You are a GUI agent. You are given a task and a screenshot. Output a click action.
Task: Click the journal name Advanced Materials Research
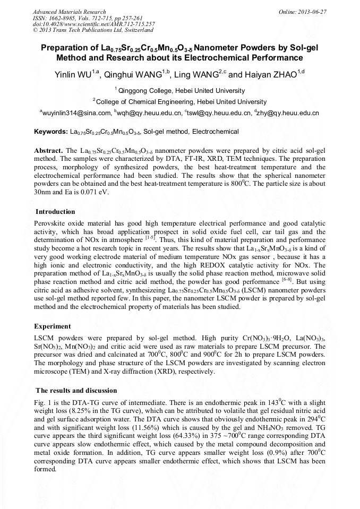click(x=69, y=12)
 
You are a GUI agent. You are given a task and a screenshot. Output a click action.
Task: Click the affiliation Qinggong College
click(x=145, y=91)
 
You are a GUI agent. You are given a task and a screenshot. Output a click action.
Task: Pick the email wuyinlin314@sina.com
click(x=75, y=113)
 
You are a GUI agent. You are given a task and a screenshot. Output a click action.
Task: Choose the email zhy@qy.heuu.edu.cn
click(x=288, y=113)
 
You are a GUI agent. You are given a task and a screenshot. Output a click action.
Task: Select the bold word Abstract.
click(x=48, y=151)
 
